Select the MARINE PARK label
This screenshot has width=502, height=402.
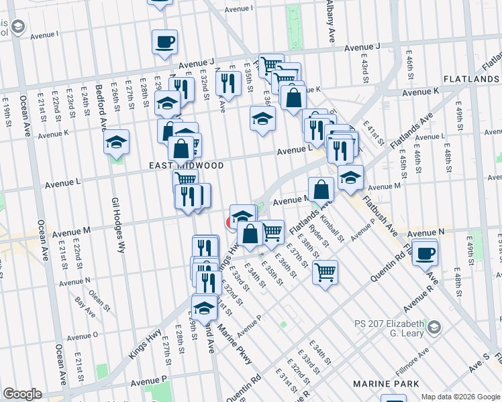pos(386,383)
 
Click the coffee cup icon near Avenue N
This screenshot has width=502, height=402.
pos(425,253)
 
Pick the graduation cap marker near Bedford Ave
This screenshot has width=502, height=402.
pos(117,143)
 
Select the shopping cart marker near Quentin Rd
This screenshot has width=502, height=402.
pos(325,272)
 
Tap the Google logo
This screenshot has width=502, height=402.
pos(22,394)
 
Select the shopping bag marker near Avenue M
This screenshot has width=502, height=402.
pos(321,190)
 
